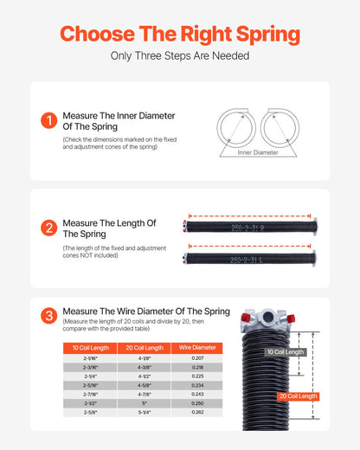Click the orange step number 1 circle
point(48,121)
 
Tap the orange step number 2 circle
point(48,228)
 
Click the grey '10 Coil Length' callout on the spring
point(285,352)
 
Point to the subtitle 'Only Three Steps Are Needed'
point(180,56)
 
